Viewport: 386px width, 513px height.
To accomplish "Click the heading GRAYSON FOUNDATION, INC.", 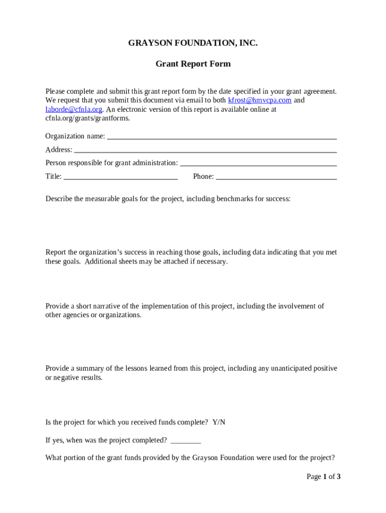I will pyautogui.click(x=193, y=43).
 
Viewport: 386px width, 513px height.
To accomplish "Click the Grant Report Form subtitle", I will pyautogui.click(x=193, y=64).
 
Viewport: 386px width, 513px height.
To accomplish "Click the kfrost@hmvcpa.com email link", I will pyautogui.click(x=260, y=100).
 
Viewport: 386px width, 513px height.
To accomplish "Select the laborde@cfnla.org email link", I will pyautogui.click(x=74, y=109).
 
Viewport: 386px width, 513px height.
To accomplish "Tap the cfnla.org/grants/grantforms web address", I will pyautogui.click(x=88, y=118).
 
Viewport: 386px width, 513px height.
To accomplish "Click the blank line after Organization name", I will pyautogui.click(x=222, y=137).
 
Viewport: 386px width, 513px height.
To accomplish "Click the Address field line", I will pyautogui.click(x=206, y=150).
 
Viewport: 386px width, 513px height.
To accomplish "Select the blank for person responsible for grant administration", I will pyautogui.click(x=258, y=163).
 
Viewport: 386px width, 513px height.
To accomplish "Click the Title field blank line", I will pyautogui.click(x=121, y=177).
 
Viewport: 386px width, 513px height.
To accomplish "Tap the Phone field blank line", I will pyautogui.click(x=276, y=177).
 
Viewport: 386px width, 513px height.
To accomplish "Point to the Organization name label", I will pyautogui.click(x=75, y=136).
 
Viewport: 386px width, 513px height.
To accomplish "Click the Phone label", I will pyautogui.click(x=203, y=176).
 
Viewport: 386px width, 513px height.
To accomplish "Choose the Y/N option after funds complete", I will pyautogui.click(x=219, y=422).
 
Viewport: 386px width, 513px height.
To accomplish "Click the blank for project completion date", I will pyautogui.click(x=185, y=441).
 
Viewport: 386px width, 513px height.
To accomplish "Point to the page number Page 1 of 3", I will pyautogui.click(x=323, y=477).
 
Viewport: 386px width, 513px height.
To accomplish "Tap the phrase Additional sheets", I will pyautogui.click(x=104, y=262).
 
